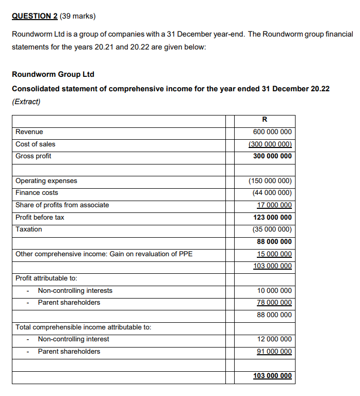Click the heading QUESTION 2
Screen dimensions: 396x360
pos(35,15)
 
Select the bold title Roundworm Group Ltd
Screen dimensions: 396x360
pos(53,74)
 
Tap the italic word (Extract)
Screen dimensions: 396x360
pos(26,101)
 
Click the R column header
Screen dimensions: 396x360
pos(265,120)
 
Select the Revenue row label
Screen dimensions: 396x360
pos(29,132)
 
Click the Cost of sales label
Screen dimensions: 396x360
pos(36,144)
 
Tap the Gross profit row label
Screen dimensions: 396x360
pos(34,156)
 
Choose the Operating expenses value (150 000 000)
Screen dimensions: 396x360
pos(270,181)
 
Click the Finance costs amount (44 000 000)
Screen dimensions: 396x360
pos(272,193)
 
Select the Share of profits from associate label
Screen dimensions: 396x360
pos(62,205)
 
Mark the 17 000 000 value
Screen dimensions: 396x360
pos(274,205)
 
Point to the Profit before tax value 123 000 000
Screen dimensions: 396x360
pos(272,218)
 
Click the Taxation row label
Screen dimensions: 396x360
pos(29,229)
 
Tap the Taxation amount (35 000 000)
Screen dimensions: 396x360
pos(272,229)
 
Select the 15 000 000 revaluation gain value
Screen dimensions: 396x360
pos(274,254)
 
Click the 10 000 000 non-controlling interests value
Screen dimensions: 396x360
pos(274,291)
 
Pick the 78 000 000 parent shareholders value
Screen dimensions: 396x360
pos(274,303)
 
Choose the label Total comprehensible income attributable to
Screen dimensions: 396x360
pos(84,327)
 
